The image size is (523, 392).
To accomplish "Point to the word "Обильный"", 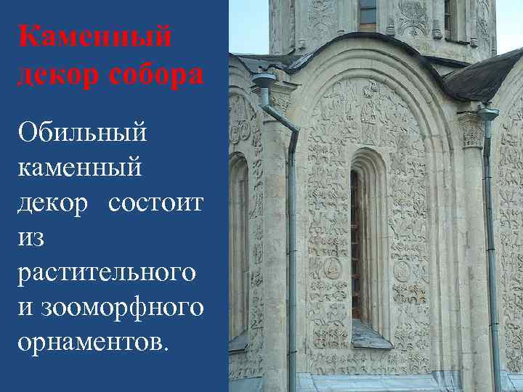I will click(83, 132).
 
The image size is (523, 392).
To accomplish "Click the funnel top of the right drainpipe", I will click(487, 114).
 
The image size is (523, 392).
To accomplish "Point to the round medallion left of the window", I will click(332, 269).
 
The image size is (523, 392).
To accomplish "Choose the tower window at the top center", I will click(368, 15).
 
